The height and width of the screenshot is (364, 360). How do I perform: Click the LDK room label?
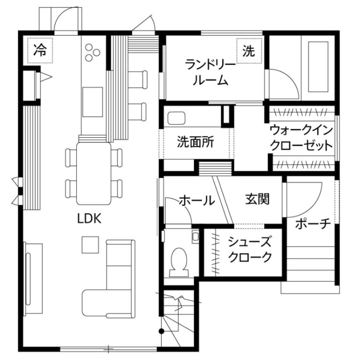click(89, 218)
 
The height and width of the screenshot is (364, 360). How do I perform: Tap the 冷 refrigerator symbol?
click(40, 50)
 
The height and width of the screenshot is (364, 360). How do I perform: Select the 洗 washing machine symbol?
click(249, 51)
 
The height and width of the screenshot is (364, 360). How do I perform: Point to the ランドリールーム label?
click(210, 73)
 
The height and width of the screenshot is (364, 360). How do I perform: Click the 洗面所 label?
click(195, 142)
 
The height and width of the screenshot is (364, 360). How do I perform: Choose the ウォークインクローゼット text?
click(301, 138)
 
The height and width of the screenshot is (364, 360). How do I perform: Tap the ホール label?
click(197, 201)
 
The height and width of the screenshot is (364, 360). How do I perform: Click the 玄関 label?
click(257, 199)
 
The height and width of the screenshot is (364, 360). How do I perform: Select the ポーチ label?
click(313, 224)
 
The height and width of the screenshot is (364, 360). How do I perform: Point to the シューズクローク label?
click(250, 249)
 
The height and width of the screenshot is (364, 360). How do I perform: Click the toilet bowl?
click(179, 262)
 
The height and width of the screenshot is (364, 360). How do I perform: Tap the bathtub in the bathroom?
click(318, 67)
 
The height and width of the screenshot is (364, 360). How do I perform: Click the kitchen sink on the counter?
click(93, 102)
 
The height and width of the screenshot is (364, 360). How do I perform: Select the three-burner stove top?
click(92, 52)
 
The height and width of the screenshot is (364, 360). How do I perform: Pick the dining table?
click(94, 173)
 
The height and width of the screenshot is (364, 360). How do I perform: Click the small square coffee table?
click(90, 245)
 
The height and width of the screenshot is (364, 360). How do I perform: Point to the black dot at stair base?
click(161, 331)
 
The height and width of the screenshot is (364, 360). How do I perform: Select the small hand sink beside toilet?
click(195, 237)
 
